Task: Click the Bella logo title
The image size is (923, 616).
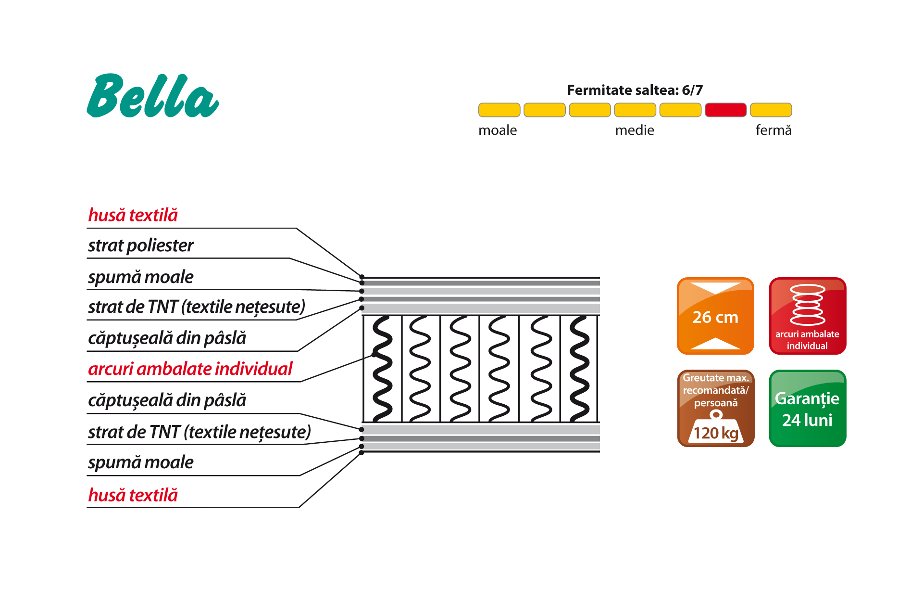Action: pos(152,96)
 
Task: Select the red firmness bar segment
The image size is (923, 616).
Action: pos(725,110)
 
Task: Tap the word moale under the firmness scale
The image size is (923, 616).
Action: pos(498,130)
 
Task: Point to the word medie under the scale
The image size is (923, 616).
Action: pos(635,130)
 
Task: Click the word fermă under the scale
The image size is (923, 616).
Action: pos(773,130)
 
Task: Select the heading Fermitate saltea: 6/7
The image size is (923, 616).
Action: pos(635,90)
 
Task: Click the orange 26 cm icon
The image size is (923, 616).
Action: pos(715,316)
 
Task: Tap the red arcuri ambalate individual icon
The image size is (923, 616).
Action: pos(808,316)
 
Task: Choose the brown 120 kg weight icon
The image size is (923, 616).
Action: pos(715,408)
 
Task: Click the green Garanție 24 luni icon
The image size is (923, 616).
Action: pos(808,408)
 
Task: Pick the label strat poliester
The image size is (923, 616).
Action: pos(140,246)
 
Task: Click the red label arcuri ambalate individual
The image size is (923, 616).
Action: pos(190,369)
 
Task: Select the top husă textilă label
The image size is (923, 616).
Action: pos(133,215)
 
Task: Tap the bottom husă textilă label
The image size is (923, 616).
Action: pos(133,495)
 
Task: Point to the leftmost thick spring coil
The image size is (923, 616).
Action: pos(382,368)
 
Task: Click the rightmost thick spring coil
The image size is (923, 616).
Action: pos(579,368)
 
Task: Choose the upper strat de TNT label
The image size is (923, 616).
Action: pos(197,307)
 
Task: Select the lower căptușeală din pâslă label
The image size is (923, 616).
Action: pos(167,400)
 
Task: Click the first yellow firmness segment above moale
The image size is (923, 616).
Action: pos(499,110)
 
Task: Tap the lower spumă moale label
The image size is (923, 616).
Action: pos(140,462)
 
